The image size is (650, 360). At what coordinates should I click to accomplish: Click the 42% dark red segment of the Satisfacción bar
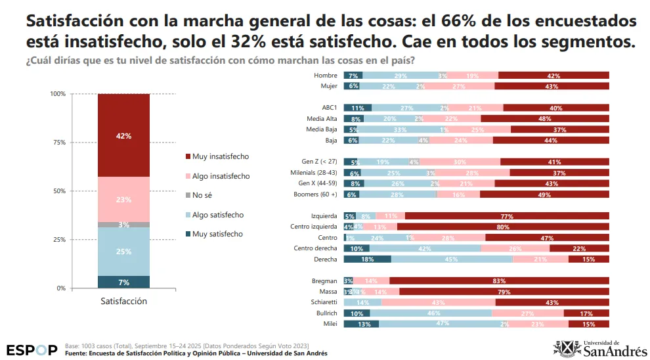tap(123, 135)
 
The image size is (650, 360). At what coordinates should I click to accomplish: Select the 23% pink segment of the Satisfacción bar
tap(123, 199)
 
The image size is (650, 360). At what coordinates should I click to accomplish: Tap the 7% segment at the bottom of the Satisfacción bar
tap(123, 282)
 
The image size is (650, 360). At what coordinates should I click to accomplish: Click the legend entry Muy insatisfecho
tap(220, 156)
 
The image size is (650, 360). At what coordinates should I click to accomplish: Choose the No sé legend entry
tap(203, 195)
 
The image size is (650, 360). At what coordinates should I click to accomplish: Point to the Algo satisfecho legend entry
tap(217, 215)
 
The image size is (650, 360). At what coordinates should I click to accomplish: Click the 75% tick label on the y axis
tap(58, 143)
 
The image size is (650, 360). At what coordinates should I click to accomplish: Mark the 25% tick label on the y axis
tap(58, 240)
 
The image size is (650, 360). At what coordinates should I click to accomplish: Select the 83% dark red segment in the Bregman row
tap(499, 281)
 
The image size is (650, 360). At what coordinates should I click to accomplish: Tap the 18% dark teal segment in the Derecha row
tap(367, 259)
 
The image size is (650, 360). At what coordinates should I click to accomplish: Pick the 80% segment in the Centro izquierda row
tap(503, 227)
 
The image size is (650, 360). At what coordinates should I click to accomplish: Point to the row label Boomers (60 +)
tap(316, 194)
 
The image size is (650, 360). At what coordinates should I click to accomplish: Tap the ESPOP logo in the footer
tap(32, 349)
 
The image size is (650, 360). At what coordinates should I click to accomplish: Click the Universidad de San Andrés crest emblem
tap(567, 349)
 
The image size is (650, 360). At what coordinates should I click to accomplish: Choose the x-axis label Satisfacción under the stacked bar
tap(123, 301)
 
